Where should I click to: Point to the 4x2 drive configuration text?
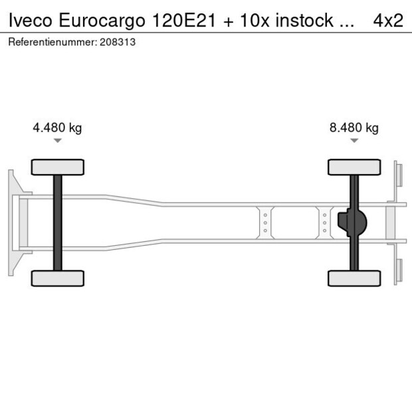pos(387,21)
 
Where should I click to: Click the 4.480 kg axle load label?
pos(57,128)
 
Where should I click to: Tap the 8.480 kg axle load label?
pos(354,128)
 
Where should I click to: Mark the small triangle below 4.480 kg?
pos(58,141)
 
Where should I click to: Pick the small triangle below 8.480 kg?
pos(354,141)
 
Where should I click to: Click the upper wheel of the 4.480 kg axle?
pos(58,167)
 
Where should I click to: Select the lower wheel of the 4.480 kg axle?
pos(58,278)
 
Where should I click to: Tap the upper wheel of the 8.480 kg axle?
pos(354,167)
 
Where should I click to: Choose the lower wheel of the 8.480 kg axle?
pos(354,278)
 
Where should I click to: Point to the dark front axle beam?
pos(58,223)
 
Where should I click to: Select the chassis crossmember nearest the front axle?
pos(265,222)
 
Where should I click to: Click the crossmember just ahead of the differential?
pos(324,222)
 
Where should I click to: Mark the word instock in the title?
pos(308,21)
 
